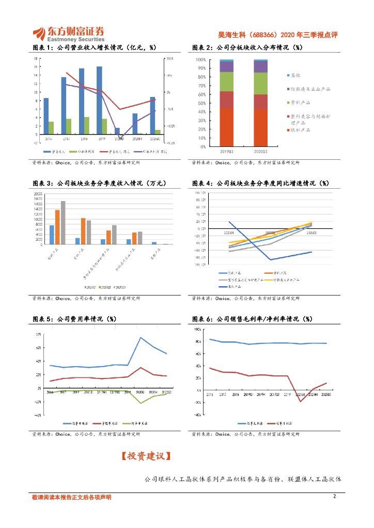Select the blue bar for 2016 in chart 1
click(x=46, y=116)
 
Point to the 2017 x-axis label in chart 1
click(x=66, y=139)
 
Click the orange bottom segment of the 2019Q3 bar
click(x=226, y=127)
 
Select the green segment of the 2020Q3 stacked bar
click(x=261, y=83)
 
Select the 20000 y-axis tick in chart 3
click(x=38, y=194)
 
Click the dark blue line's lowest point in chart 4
click(x=270, y=259)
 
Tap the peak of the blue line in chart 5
click(x=141, y=338)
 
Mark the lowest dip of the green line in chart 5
click(x=141, y=403)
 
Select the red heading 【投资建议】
click(x=146, y=456)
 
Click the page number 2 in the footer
click(x=334, y=497)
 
